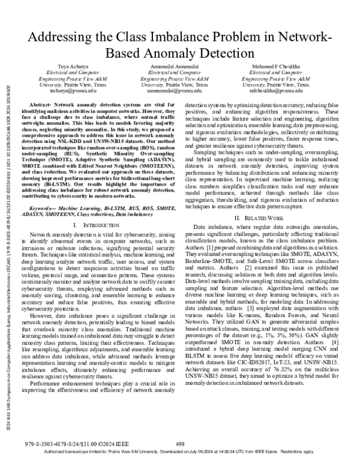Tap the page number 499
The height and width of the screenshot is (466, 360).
(180, 443)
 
